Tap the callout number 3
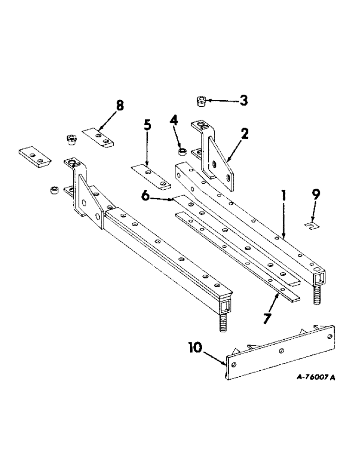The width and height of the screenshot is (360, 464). [x=243, y=100]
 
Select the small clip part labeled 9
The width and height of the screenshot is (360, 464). [x=312, y=226]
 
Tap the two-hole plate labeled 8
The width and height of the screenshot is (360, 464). [x=99, y=137]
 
